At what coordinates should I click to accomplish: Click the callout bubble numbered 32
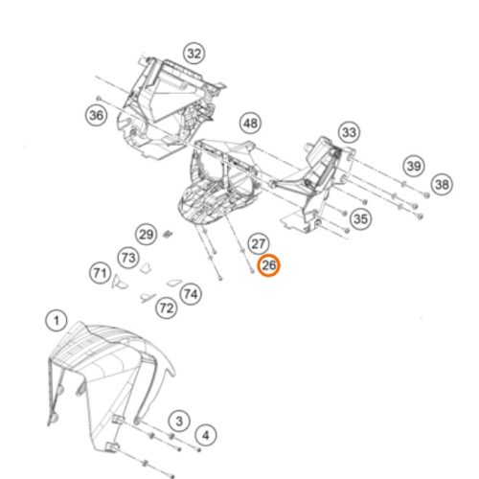tap(194, 54)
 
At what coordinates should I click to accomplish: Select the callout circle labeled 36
tap(97, 115)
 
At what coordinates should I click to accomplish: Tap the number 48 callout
tap(250, 124)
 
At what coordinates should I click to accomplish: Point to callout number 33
tap(349, 132)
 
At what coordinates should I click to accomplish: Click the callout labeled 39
tap(414, 166)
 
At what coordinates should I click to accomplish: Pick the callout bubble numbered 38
tap(442, 184)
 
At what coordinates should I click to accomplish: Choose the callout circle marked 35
tap(360, 219)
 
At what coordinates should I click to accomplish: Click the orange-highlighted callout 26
tap(268, 265)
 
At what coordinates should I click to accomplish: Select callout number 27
tap(258, 244)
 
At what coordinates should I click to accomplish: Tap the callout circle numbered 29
tap(147, 235)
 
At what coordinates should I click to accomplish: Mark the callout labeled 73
tap(128, 258)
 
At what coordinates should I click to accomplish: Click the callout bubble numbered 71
tap(100, 273)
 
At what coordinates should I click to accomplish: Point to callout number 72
tap(167, 308)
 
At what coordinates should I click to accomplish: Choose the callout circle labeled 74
tap(191, 294)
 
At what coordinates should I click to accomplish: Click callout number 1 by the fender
tap(57, 320)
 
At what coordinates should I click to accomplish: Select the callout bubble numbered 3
tap(179, 421)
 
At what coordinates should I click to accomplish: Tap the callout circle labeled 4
tap(206, 435)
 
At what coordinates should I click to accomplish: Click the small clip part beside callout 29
tap(168, 234)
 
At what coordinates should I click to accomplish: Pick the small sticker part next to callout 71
tap(119, 282)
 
